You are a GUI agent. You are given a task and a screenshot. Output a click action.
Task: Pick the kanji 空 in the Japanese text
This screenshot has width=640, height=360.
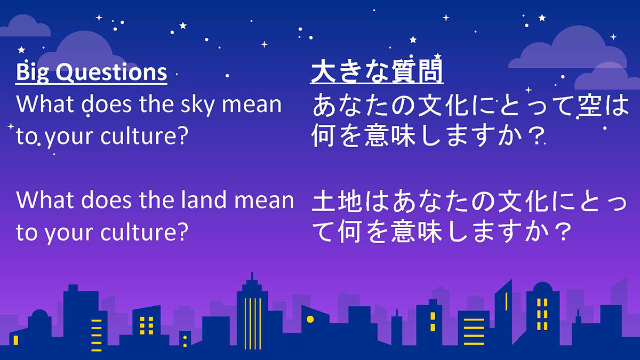tap(591, 106)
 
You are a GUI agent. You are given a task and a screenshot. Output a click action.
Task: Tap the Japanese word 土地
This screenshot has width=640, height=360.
tap(337, 202)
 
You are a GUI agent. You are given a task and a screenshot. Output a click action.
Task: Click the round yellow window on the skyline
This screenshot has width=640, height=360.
tap(310, 319)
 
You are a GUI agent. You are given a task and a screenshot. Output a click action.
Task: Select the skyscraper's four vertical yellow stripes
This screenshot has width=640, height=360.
tap(253, 323)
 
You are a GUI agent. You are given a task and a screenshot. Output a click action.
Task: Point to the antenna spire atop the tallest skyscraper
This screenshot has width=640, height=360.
tap(252, 276)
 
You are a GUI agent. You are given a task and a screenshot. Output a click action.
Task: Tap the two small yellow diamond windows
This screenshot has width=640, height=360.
tap(185, 341)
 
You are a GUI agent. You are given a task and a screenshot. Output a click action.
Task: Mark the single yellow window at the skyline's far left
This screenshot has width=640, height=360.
tap(15, 340)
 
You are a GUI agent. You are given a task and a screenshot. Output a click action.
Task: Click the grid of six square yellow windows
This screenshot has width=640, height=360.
tap(147, 325)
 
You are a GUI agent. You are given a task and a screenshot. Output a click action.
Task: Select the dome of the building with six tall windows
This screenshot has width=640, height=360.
tap(542, 287)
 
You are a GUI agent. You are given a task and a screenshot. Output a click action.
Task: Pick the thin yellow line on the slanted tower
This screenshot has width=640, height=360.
tap(506, 301)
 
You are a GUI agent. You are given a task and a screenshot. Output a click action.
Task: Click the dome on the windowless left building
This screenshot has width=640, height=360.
tap(39, 315)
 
